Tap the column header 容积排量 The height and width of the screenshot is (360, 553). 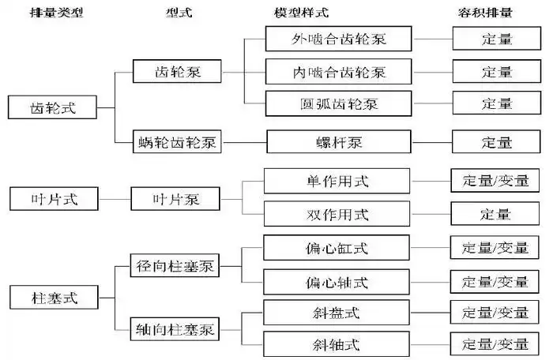coord(497,13)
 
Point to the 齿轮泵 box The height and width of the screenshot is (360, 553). coord(178,73)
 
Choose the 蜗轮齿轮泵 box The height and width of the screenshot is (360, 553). coord(178,143)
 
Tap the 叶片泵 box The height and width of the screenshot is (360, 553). coord(175,199)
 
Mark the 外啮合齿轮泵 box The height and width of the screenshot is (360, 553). coord(337,39)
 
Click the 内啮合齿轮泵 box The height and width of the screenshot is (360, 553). coord(337,72)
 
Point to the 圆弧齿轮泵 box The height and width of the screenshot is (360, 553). coord(337,103)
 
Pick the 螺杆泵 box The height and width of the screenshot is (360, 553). coord(337,143)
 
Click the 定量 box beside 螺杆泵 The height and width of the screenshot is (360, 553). coord(497,143)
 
